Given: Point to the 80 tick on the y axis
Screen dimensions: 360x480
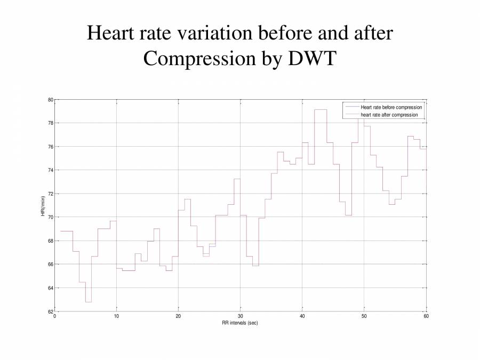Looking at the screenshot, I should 50,100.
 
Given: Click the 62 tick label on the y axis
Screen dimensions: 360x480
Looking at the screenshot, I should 50,311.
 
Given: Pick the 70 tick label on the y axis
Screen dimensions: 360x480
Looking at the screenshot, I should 50,217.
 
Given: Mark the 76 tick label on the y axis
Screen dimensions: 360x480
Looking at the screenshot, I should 50,147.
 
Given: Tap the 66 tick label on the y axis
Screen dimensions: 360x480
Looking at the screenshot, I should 50,265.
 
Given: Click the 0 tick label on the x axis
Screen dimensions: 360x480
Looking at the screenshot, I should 54,317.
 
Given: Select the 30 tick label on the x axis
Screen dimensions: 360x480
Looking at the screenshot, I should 241,317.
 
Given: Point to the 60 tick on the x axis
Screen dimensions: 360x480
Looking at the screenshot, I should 426,317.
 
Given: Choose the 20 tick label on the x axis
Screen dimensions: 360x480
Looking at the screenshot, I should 178,317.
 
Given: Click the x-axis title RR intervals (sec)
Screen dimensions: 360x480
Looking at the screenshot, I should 240,323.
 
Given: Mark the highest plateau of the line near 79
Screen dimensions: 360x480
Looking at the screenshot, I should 321,110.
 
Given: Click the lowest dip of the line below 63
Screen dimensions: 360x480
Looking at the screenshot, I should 88,302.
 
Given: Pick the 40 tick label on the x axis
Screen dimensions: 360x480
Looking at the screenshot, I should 302,317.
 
